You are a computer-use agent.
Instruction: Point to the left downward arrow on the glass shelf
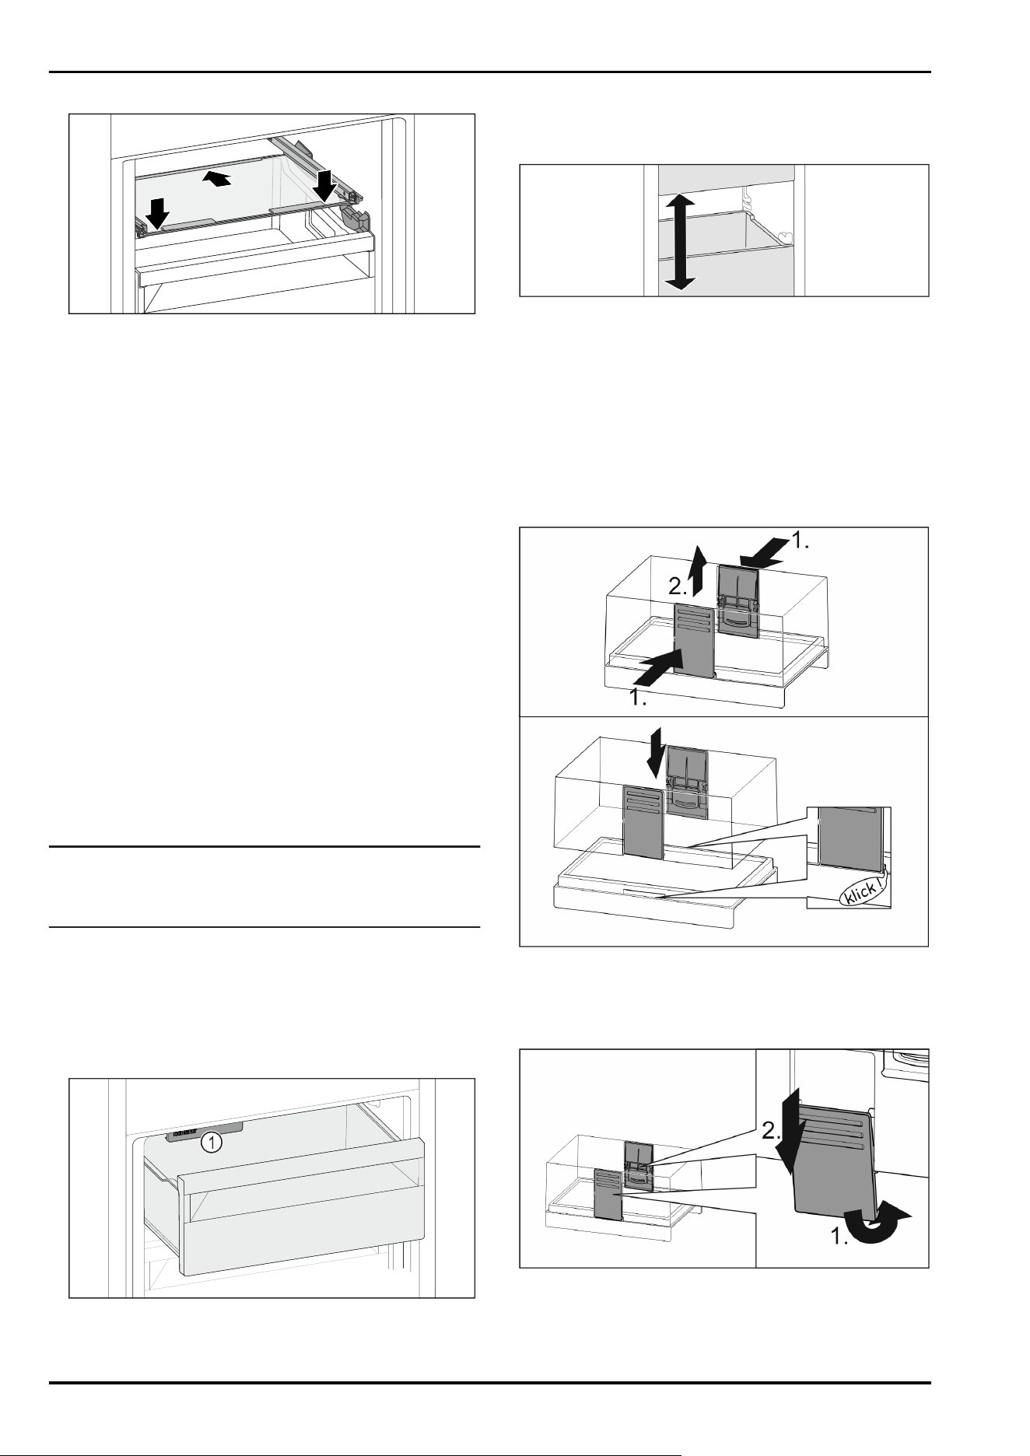(x=158, y=213)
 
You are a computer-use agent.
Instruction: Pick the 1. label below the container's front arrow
(x=638, y=698)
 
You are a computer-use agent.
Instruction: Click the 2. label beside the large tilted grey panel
(x=771, y=1132)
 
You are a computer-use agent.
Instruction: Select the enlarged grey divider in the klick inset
(x=851, y=837)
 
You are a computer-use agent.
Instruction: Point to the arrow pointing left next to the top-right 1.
(x=762, y=553)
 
